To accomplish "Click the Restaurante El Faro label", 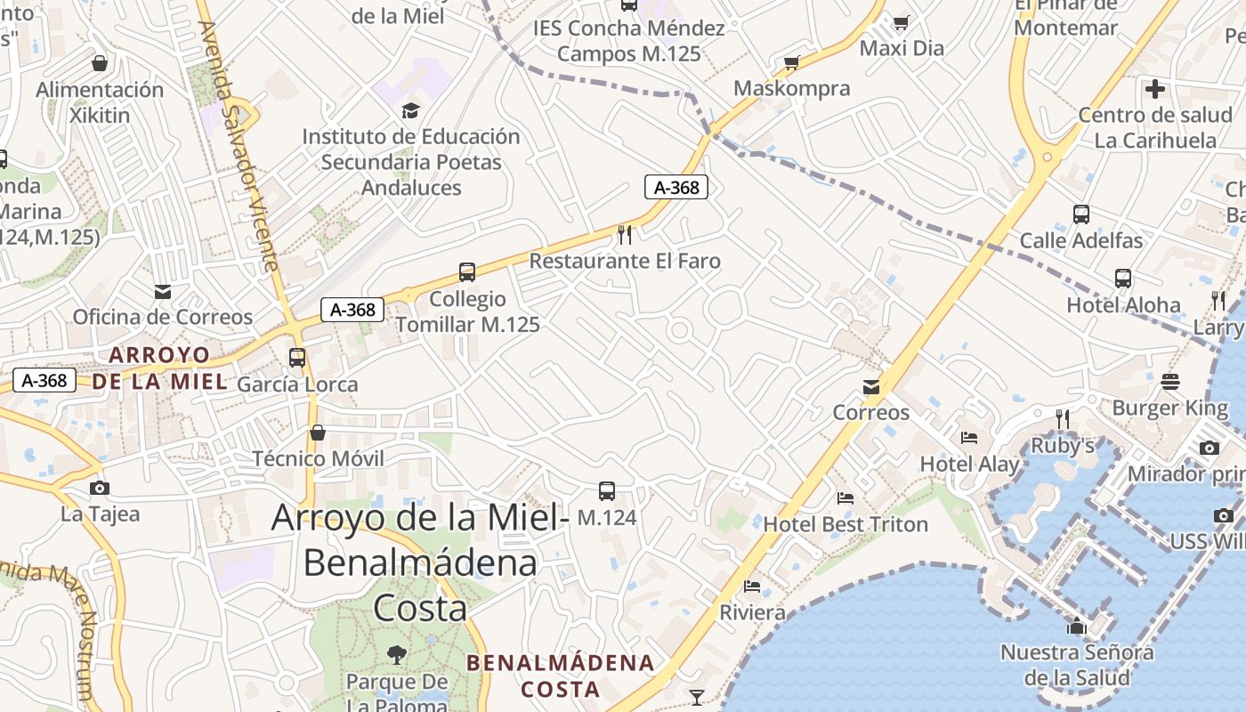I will (x=625, y=261).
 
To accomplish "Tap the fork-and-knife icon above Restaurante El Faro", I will (x=625, y=235).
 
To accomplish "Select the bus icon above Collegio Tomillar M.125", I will (x=467, y=272).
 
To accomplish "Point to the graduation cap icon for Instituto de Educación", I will (x=410, y=110).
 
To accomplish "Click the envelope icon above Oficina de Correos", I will (x=163, y=291).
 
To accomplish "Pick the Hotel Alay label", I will (x=969, y=464).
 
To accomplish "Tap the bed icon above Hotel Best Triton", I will (x=845, y=498).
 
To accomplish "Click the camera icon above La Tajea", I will (x=100, y=488).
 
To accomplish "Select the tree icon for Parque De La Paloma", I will (x=397, y=656).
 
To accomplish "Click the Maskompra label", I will (x=791, y=88).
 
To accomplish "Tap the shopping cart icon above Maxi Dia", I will (x=902, y=22).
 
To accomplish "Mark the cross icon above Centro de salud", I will (x=1155, y=89).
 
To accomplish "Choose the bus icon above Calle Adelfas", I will (x=1081, y=214).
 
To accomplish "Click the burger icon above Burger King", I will (x=1170, y=382).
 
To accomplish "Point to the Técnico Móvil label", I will (x=318, y=458).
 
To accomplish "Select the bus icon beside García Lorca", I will (x=297, y=358).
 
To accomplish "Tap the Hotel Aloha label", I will (x=1123, y=305).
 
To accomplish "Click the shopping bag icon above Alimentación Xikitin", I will (x=100, y=64).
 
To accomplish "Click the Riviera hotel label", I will (x=752, y=612).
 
